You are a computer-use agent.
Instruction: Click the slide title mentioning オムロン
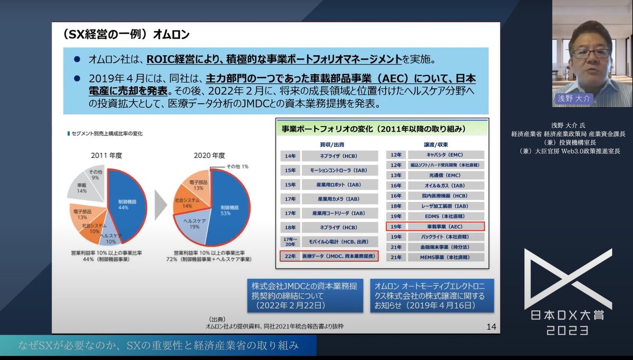126,35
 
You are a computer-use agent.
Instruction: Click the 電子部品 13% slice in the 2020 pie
198,185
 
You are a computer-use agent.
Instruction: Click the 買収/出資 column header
329,144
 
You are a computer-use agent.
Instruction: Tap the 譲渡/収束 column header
435,144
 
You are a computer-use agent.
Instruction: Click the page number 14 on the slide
491,327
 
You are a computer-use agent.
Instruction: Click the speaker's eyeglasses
591,53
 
